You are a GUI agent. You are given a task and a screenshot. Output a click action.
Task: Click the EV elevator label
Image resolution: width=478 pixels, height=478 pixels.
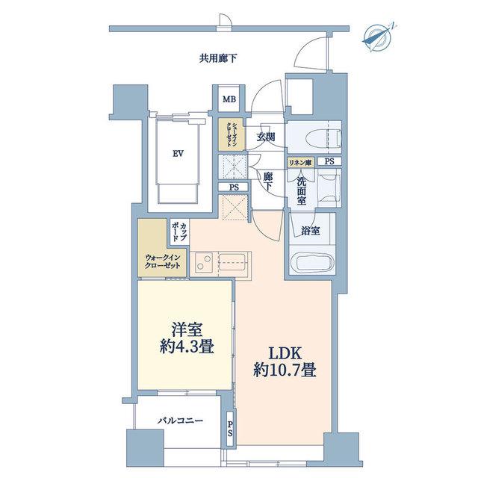pyautogui.click(x=179, y=154)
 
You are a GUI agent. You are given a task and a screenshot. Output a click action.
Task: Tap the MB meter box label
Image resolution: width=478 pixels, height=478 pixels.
pyautogui.click(x=229, y=99)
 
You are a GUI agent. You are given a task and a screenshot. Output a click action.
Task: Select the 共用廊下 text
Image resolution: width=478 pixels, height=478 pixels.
pyautogui.click(x=218, y=58)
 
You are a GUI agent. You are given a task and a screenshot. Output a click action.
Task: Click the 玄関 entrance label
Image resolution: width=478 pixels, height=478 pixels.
pyautogui.click(x=266, y=137)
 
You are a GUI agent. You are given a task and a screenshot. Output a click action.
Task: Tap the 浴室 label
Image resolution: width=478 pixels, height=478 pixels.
pyautogui.click(x=311, y=231)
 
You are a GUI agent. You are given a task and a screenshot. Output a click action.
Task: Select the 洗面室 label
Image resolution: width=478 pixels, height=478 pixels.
pyautogui.click(x=302, y=190)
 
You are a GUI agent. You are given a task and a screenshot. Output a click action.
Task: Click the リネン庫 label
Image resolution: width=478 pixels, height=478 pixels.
pyautogui.click(x=300, y=163)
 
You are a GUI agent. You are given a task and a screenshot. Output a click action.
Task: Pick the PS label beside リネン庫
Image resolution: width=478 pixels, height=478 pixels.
pyautogui.click(x=329, y=162)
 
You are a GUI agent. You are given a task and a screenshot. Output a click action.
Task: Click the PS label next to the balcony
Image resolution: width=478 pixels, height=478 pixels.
pyautogui.click(x=230, y=427)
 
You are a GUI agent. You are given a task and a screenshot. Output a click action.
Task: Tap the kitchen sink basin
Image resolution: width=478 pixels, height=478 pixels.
pyautogui.click(x=232, y=261)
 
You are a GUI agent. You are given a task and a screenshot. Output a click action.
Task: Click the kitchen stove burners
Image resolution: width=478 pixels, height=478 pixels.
pyautogui.click(x=204, y=262)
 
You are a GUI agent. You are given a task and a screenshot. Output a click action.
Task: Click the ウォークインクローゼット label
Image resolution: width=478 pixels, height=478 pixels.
pyautogui.click(x=163, y=261)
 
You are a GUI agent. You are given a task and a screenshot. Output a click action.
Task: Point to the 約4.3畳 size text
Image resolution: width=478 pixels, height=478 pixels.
pyautogui.click(x=187, y=347)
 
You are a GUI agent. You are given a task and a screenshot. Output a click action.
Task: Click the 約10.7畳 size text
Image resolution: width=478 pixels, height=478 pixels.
pyautogui.click(x=285, y=370)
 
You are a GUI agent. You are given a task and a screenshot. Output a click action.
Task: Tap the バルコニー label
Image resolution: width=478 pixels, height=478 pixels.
pyautogui.click(x=180, y=421)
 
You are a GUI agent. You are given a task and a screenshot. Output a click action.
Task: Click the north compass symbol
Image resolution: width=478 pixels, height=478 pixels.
pyautogui.click(x=378, y=37)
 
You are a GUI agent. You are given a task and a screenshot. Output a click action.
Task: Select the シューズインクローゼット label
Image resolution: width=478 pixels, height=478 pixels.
pyautogui.click(x=231, y=134)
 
